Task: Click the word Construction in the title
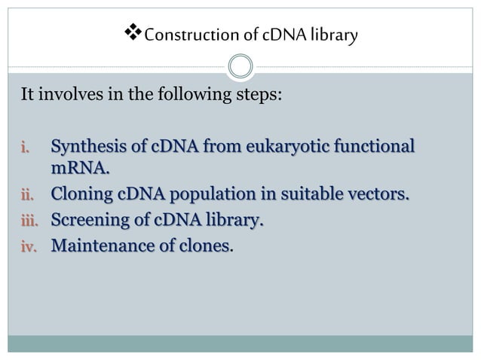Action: coord(176,35)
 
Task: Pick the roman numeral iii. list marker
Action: coord(26,221)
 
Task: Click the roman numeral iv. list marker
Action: coord(27,246)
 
